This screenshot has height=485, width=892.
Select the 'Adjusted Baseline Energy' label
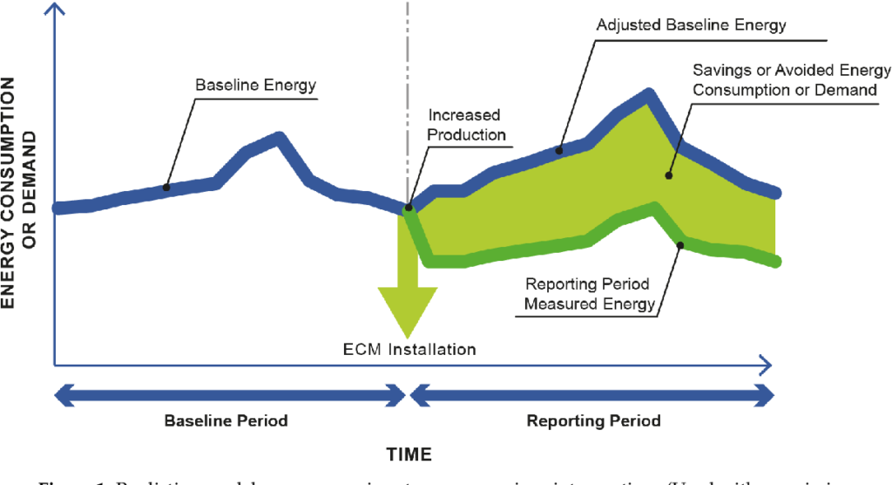[691, 24]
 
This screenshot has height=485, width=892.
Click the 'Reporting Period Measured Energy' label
[590, 293]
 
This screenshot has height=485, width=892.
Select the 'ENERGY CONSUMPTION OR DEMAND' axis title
[20, 192]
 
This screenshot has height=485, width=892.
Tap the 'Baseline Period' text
[226, 420]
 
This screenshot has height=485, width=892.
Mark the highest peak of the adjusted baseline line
[647, 93]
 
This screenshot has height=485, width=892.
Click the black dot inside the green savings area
[669, 175]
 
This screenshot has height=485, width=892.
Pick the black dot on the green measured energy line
[680, 244]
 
